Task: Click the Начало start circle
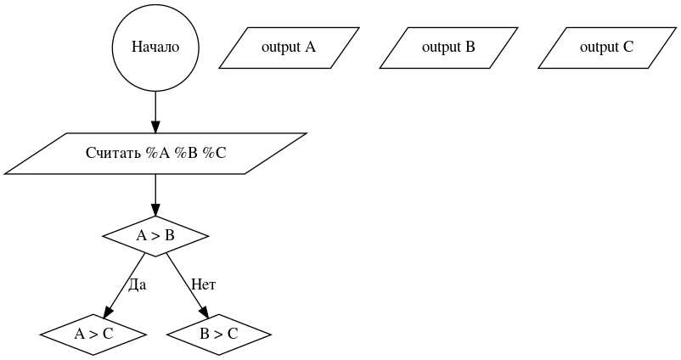(155, 48)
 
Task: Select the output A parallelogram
(289, 48)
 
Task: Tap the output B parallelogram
(448, 48)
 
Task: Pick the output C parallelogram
(606, 48)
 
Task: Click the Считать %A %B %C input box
(155, 154)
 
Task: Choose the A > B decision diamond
(155, 236)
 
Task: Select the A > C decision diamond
(93, 334)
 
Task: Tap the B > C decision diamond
(219, 334)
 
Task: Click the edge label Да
(137, 284)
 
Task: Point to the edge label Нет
(204, 284)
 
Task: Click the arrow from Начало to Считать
(155, 110)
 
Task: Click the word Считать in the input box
(114, 154)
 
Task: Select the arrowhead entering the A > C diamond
(108, 312)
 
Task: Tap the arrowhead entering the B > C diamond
(204, 312)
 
